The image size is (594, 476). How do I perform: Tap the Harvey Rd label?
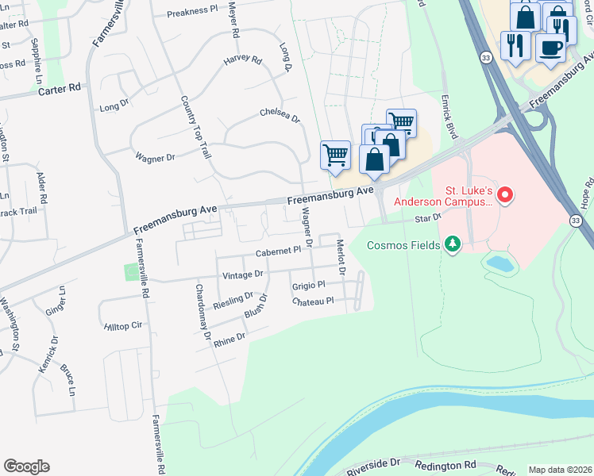(242, 59)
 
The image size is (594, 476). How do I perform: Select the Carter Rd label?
(60, 90)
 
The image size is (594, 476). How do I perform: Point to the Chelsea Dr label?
(280, 117)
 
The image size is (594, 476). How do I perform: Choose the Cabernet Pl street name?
(278, 251)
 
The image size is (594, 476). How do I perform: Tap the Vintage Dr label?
(242, 274)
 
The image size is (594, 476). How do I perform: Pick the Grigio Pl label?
(309, 286)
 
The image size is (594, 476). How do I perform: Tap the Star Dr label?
(426, 217)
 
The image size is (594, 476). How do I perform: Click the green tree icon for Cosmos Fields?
(453, 244)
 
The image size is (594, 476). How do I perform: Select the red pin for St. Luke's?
(502, 194)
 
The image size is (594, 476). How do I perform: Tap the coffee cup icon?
(550, 48)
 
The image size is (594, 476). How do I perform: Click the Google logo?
(26, 466)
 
